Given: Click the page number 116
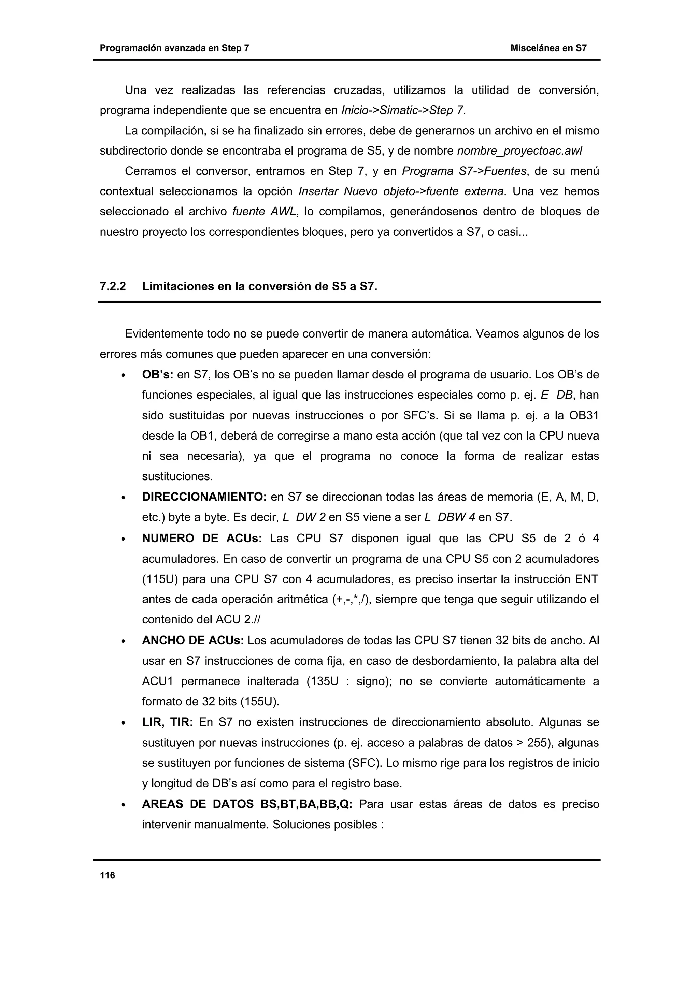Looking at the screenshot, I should click(x=107, y=875).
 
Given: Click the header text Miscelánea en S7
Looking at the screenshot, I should click(x=548, y=48).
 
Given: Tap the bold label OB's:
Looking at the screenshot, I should click(x=157, y=375).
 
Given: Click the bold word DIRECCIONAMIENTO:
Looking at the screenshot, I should click(x=204, y=497).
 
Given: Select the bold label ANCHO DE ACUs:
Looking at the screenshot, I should click(x=192, y=641).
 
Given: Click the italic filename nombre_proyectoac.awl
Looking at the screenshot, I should click(x=519, y=151).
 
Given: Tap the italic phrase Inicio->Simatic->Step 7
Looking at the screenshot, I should click(x=403, y=111).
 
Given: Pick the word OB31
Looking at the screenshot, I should click(x=584, y=416).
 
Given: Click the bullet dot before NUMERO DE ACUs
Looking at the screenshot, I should click(x=123, y=539).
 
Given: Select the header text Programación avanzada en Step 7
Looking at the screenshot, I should click(x=174, y=48).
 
